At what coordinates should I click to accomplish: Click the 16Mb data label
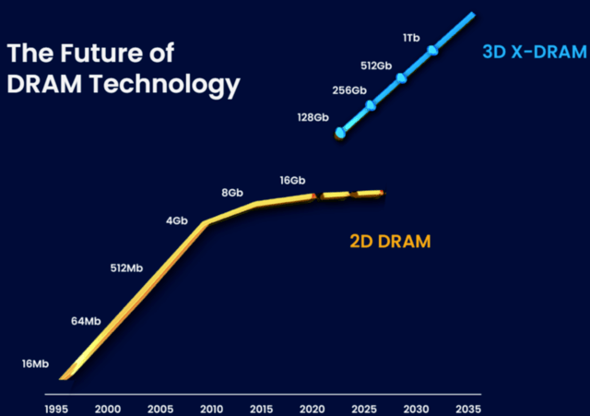coord(34,364)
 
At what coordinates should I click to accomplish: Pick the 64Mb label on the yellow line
coord(86,321)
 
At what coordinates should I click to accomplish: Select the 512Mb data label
coord(126,268)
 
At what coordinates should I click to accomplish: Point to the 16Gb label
coord(291,180)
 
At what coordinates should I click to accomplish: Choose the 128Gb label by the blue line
coord(313,117)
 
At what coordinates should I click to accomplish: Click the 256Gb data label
coord(348,90)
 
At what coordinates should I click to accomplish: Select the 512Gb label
coord(376,65)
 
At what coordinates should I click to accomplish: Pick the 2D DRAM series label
coord(391,242)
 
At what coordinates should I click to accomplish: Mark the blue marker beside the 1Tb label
coord(432,49)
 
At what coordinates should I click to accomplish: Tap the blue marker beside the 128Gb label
coord(340,134)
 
